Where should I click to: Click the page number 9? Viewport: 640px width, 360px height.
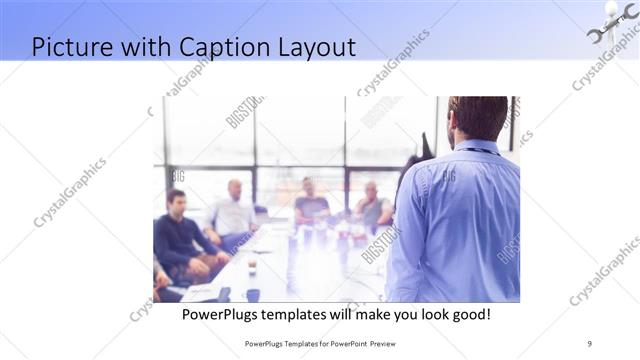click(589, 343)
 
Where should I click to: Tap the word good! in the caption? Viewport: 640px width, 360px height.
click(468, 314)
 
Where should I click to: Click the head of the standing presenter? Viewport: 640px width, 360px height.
click(477, 118)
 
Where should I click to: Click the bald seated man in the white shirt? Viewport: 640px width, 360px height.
click(234, 210)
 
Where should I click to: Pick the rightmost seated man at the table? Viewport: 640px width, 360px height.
click(373, 207)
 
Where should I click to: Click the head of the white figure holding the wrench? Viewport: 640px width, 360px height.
click(611, 9)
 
